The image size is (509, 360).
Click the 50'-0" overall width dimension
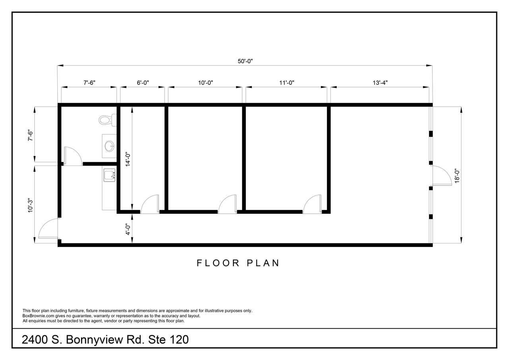[x=245, y=61]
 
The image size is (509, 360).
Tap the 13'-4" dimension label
[x=380, y=83]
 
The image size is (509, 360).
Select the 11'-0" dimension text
[x=287, y=83]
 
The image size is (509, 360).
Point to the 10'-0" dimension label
[x=206, y=83]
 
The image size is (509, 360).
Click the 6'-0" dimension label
[x=143, y=83]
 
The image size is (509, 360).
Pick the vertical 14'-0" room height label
[x=128, y=160]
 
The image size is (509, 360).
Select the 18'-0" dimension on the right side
[x=457, y=176]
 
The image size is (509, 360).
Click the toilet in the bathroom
[x=108, y=120]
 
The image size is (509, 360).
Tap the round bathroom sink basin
[x=109, y=146]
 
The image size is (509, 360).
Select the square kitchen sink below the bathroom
[x=109, y=175]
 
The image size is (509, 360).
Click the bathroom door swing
[x=73, y=156]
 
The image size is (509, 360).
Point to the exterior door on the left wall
[x=48, y=228]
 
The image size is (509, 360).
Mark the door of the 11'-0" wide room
[x=312, y=204]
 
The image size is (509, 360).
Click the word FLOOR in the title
[x=218, y=263]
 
